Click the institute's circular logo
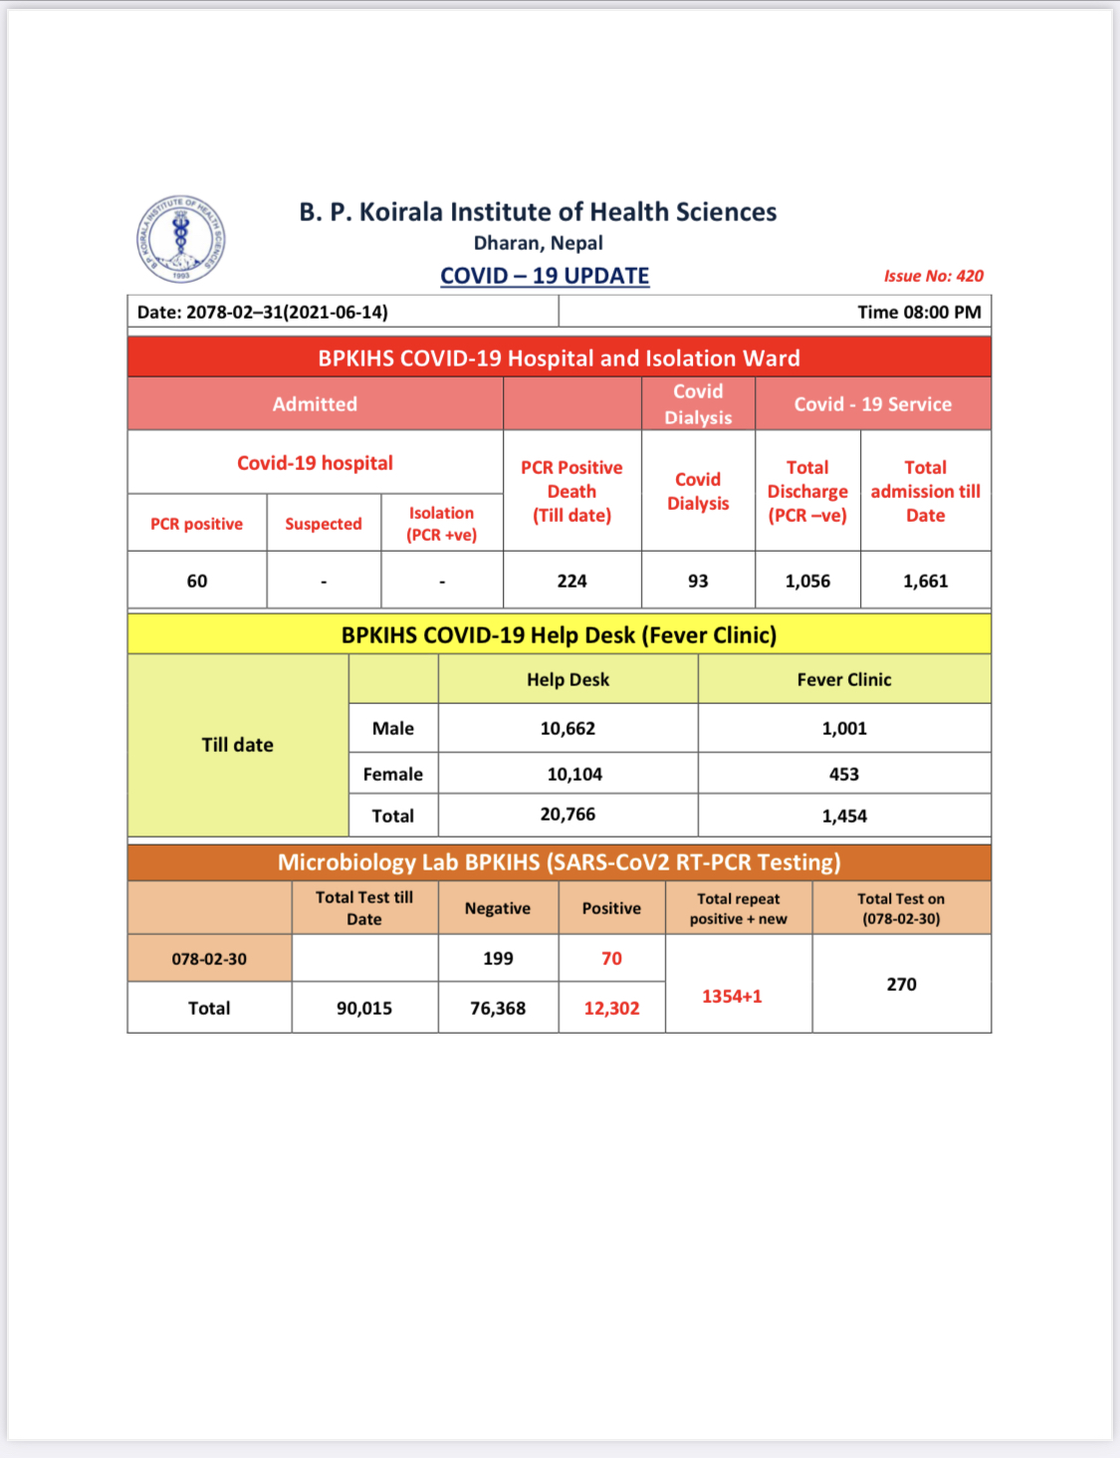[x=180, y=239]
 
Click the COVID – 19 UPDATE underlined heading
[x=545, y=276]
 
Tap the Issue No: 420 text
[x=933, y=276]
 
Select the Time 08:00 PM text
[x=919, y=312]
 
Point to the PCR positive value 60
[x=197, y=581]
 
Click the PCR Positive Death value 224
[x=571, y=581]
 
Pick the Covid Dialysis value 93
[x=698, y=581]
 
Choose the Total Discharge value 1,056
[x=807, y=581]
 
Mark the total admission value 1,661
[x=925, y=581]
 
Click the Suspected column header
[x=324, y=524]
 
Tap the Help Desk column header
[x=567, y=679]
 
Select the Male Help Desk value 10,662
[x=567, y=728]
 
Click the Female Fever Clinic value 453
[x=843, y=774]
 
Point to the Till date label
[x=237, y=745]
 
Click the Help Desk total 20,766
[x=567, y=815]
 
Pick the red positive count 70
[x=611, y=958]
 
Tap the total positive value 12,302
[x=611, y=1008]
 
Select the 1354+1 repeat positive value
[x=732, y=996]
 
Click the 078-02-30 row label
[x=209, y=959]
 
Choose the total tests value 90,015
[x=364, y=1008]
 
